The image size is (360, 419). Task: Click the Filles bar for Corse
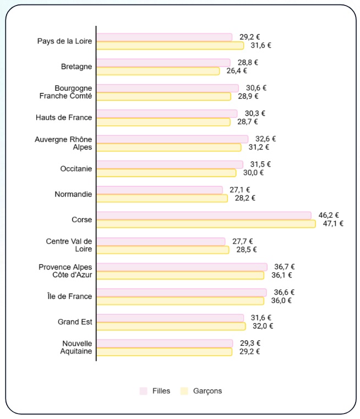204,216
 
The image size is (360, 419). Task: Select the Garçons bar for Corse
206,224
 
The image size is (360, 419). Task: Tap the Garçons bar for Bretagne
158,71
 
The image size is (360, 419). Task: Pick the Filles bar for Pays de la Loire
164,37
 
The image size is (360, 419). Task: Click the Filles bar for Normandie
160,190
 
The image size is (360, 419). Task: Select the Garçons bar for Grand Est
171,326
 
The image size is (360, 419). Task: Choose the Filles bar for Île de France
182,292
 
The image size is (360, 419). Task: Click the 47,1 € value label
333,224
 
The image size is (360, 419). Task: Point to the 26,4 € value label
237,71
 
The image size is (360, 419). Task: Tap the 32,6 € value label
265,139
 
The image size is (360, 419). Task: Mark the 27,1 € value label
240,190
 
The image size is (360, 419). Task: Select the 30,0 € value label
253,173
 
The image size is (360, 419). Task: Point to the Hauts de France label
64,118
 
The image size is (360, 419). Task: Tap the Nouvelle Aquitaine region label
77,348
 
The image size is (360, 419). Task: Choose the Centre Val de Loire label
69,245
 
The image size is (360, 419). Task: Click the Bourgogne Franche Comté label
66,92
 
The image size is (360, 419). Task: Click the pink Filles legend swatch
143,391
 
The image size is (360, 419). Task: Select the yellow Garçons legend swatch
184,391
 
